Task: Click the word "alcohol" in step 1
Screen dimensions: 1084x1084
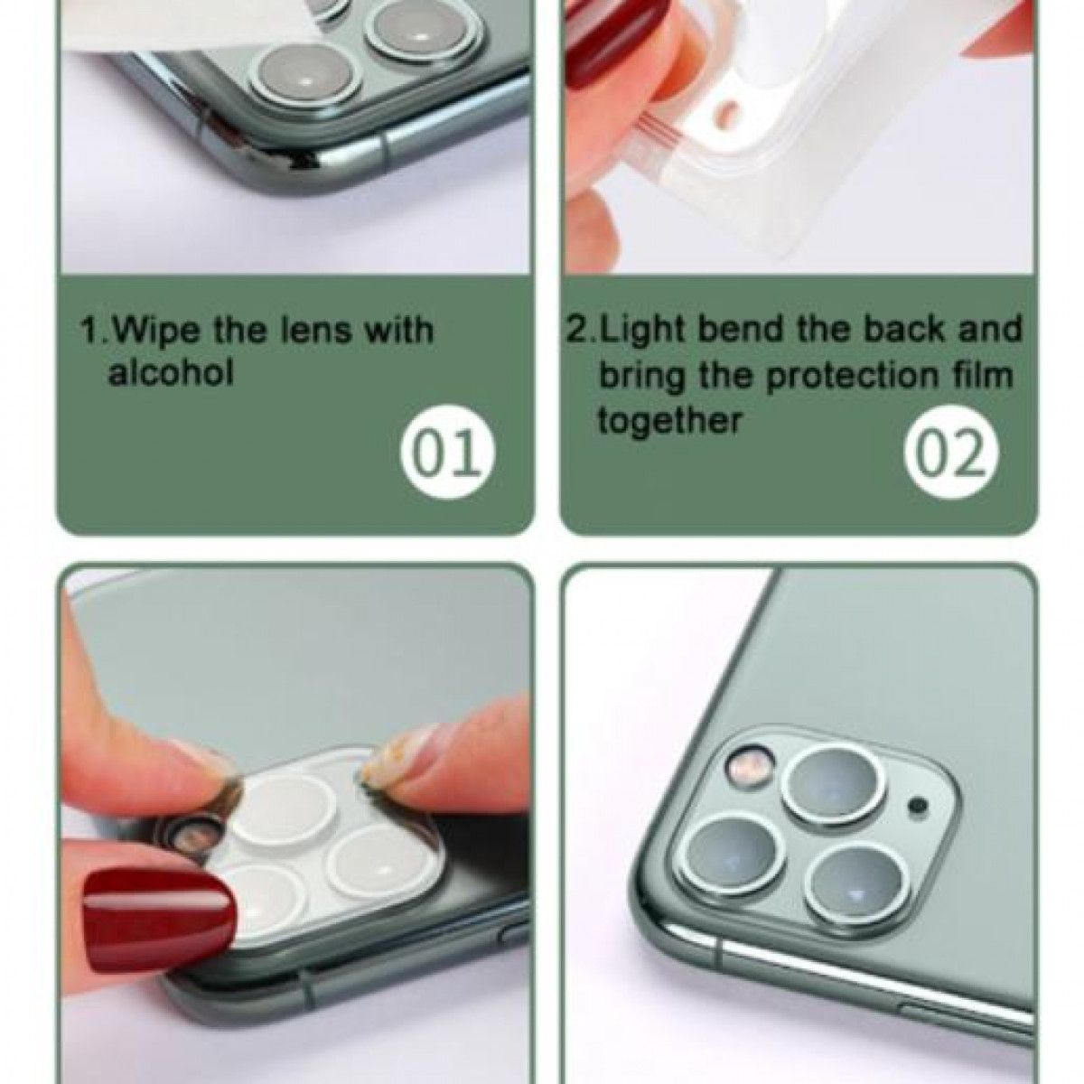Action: pyautogui.click(x=171, y=372)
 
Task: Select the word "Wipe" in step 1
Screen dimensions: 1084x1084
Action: pyautogui.click(x=157, y=331)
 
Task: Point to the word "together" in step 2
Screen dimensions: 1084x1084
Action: pyautogui.click(x=669, y=420)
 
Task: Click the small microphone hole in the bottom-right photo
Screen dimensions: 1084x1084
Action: pyautogui.click(x=918, y=806)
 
